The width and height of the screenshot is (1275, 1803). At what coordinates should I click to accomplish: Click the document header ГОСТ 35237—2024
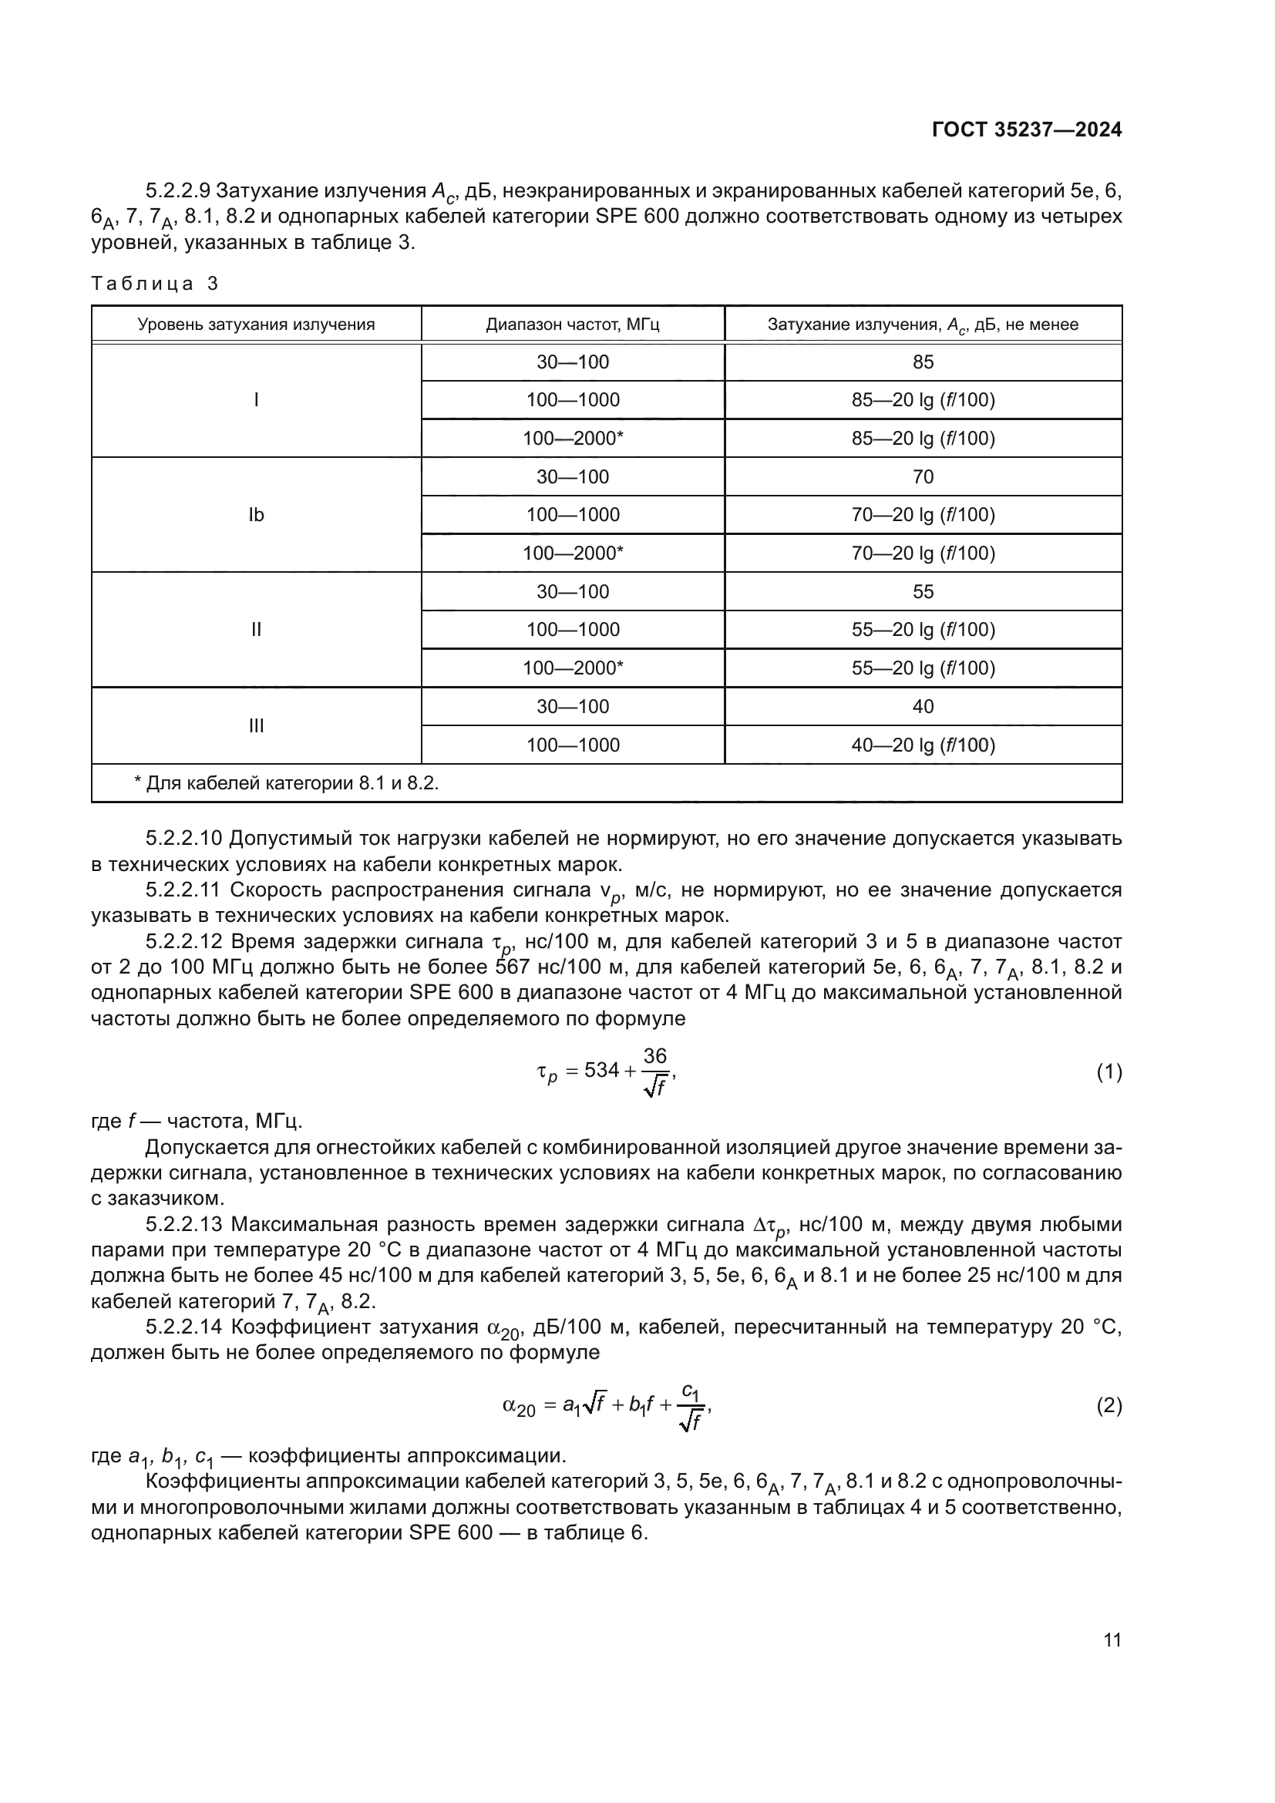click(x=1026, y=130)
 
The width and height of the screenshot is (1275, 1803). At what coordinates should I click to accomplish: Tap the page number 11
click(x=1112, y=1640)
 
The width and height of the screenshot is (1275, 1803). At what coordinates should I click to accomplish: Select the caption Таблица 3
click(x=155, y=284)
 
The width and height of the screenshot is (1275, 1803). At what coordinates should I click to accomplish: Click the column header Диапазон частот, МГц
click(x=572, y=325)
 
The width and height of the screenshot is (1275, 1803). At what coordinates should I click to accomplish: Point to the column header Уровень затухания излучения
click(x=256, y=325)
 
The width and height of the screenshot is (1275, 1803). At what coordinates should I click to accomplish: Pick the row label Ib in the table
click(x=256, y=515)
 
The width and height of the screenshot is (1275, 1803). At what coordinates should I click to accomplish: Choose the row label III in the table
click(x=256, y=725)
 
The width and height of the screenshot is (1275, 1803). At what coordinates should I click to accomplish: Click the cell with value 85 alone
click(x=923, y=362)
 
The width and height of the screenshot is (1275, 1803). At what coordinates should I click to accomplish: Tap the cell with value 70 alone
click(x=923, y=476)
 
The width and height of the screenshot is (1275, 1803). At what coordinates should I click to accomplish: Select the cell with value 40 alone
click(x=923, y=707)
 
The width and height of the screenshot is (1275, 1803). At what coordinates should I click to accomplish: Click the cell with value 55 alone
click(x=923, y=591)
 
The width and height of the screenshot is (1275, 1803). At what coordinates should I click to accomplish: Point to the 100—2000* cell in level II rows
click(x=572, y=668)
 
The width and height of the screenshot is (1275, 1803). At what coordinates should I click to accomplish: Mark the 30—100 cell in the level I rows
click(x=572, y=362)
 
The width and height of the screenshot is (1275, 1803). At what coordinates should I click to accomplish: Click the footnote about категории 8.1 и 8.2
click(x=287, y=783)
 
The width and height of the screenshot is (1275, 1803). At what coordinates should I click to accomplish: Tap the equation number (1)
click(x=1108, y=1072)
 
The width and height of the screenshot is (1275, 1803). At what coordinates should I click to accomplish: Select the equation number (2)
click(x=1108, y=1405)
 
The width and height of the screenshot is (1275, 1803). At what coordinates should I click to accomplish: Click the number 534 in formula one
click(x=602, y=1071)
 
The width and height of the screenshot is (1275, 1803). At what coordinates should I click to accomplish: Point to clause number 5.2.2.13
click(x=184, y=1224)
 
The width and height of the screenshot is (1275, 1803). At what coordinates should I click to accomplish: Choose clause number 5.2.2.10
click(x=184, y=839)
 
